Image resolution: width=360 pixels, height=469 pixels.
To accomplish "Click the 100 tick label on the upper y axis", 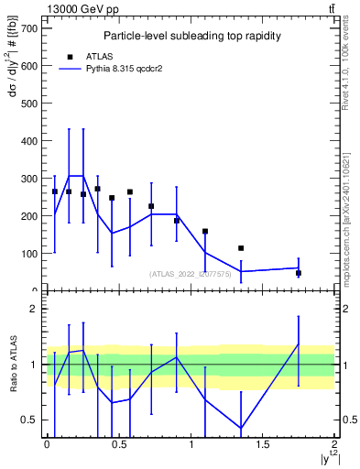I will coord(30,254).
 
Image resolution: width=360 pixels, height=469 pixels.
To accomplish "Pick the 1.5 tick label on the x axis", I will coord(263,444).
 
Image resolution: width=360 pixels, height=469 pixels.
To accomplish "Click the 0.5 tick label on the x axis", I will coord(119,444).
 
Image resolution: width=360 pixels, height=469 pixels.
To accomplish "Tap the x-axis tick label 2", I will coord(334,444).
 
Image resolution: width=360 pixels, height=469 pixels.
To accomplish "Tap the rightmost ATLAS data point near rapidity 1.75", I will coord(299,273).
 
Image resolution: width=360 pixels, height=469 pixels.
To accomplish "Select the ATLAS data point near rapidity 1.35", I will coord(241,248).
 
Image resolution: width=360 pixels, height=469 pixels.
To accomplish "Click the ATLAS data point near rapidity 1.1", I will coord(205,232).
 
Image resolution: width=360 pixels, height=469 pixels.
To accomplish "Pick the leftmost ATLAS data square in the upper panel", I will coord(55,191).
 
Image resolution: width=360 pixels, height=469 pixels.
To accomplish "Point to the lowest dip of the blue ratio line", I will coord(241,428).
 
